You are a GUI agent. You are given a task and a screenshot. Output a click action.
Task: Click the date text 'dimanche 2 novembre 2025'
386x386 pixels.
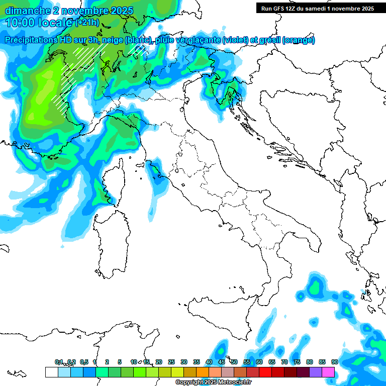pos(69,11)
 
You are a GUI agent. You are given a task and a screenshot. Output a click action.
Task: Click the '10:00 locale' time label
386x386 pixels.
pos(39,23)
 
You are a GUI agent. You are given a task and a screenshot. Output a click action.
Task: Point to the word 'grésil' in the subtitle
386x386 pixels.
pos(267,40)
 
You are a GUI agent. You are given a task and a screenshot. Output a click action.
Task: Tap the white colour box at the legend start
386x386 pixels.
pos(51,372)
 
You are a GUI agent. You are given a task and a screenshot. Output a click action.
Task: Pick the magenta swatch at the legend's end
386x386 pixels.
pos(329,372)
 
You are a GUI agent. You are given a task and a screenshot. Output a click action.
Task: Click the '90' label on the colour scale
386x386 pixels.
pos(334,362)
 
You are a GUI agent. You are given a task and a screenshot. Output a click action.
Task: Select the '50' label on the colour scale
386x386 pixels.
pos(234,362)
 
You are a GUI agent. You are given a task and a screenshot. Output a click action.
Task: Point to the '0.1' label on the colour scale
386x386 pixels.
pos(59,362)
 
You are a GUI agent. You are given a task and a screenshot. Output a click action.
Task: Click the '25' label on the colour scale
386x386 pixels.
pos(171,362)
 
